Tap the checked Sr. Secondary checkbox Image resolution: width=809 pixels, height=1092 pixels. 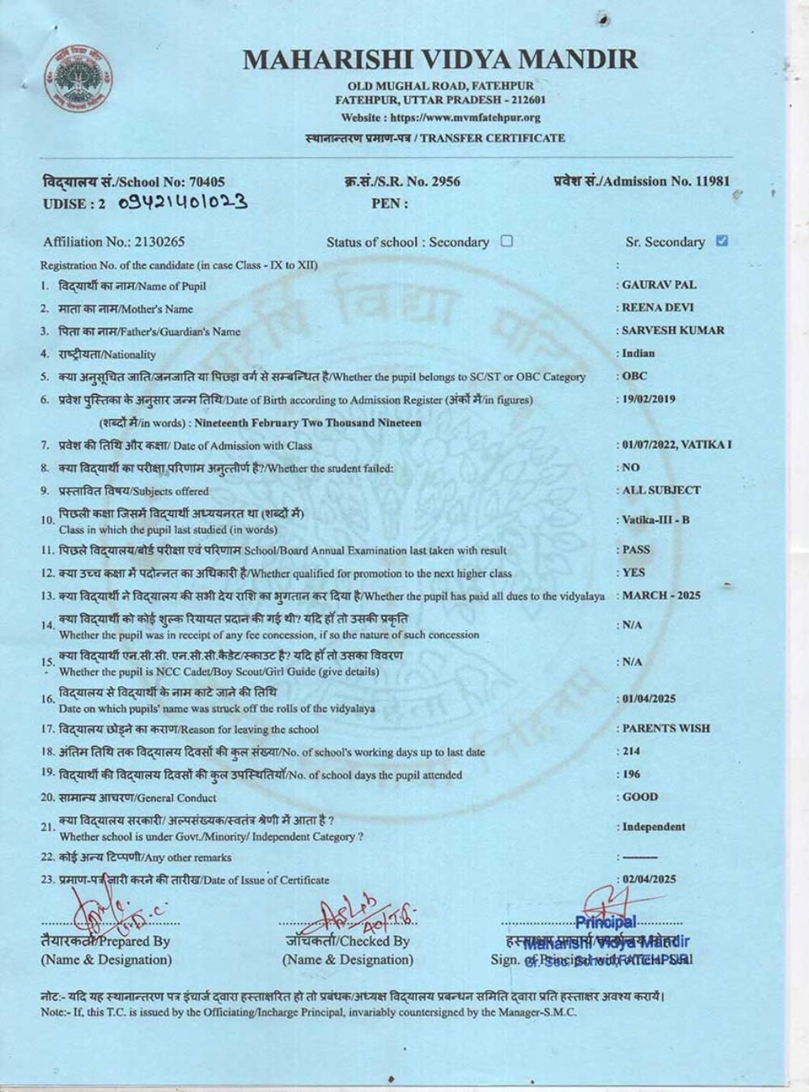722,240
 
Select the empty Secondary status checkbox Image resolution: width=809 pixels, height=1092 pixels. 506,240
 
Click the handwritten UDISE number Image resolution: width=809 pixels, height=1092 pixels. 182,201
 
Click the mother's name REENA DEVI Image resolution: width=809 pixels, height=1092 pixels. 658,307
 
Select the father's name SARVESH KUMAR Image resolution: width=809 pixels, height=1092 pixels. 673,330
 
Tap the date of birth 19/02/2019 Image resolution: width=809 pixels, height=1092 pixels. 649,399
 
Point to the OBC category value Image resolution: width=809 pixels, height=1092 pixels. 635,376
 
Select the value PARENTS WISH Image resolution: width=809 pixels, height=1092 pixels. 666,728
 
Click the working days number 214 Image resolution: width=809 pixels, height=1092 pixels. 631,751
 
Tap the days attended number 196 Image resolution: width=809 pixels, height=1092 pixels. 631,774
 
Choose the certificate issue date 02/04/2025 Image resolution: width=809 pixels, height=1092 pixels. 649,879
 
